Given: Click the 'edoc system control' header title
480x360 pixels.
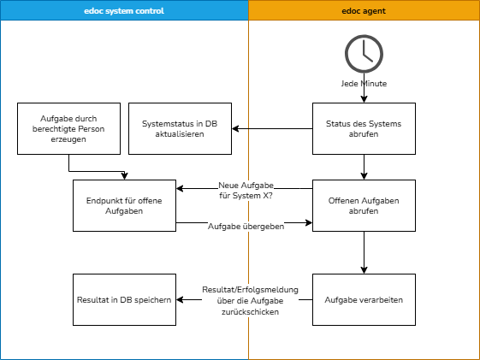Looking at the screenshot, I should point(125,10).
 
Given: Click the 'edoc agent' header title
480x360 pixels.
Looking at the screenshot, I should point(364,10).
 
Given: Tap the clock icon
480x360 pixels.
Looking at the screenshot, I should point(364,53).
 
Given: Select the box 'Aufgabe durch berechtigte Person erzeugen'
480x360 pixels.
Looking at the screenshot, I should point(69,128).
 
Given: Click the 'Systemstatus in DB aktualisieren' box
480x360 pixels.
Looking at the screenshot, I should point(180,128).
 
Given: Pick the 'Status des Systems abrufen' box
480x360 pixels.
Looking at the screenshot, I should point(364,128).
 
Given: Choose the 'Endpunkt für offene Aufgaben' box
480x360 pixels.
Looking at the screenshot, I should point(125,205).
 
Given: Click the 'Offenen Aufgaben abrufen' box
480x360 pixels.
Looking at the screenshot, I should point(364,205).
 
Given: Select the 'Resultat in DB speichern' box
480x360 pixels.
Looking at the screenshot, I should point(125,299).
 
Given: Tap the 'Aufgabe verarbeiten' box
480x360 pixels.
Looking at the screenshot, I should point(364,299).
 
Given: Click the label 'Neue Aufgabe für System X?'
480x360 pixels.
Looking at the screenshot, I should point(246,190).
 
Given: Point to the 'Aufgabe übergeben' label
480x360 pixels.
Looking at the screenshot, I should point(246,227).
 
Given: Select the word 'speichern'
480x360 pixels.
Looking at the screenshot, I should point(154,300).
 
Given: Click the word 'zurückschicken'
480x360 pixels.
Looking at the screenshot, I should point(250,312).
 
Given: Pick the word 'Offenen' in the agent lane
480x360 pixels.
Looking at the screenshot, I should point(346,200).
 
